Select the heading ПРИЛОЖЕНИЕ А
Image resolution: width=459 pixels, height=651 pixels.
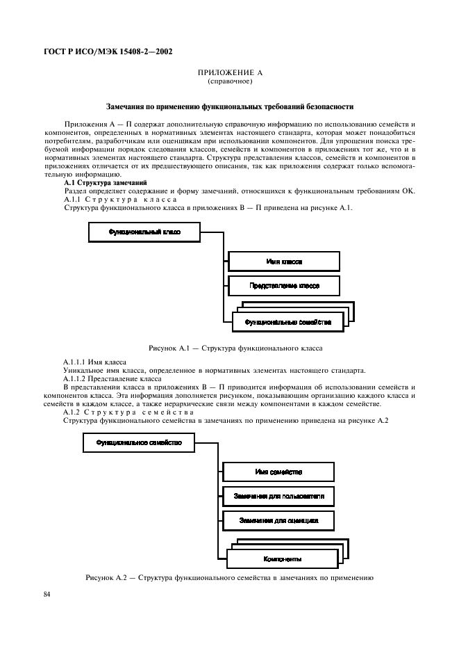coord(229,72)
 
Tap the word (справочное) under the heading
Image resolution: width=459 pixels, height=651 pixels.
coord(229,81)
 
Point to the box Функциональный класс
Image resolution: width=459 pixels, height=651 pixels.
coord(144,232)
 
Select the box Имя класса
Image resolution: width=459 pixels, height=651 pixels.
coord(284,262)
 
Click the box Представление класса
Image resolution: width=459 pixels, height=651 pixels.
coord(284,285)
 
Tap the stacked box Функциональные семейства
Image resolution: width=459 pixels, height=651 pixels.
coord(288,322)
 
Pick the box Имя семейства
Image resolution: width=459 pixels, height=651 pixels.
coord(278,472)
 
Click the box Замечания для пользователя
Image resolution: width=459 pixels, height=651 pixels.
coord(278,496)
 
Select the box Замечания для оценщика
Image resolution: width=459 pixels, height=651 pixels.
coord(278,520)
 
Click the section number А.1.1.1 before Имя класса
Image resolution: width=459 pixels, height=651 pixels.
coord(76,362)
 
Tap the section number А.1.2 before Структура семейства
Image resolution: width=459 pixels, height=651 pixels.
coord(73,413)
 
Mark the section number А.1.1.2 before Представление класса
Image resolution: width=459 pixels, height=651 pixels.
coord(76,379)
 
